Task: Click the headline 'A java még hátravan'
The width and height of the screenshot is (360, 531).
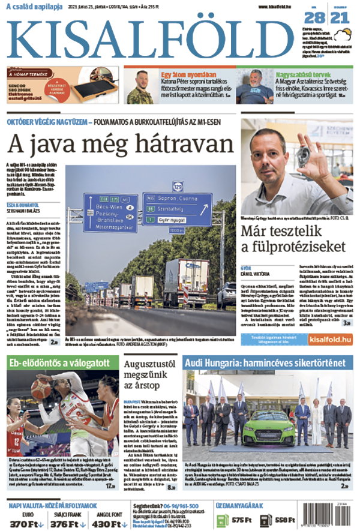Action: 120,145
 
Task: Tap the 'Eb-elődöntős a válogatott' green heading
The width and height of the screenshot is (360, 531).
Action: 58,362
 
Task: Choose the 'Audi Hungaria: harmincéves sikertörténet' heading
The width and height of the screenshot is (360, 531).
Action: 264,362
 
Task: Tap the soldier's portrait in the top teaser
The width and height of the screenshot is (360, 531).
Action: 141,87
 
